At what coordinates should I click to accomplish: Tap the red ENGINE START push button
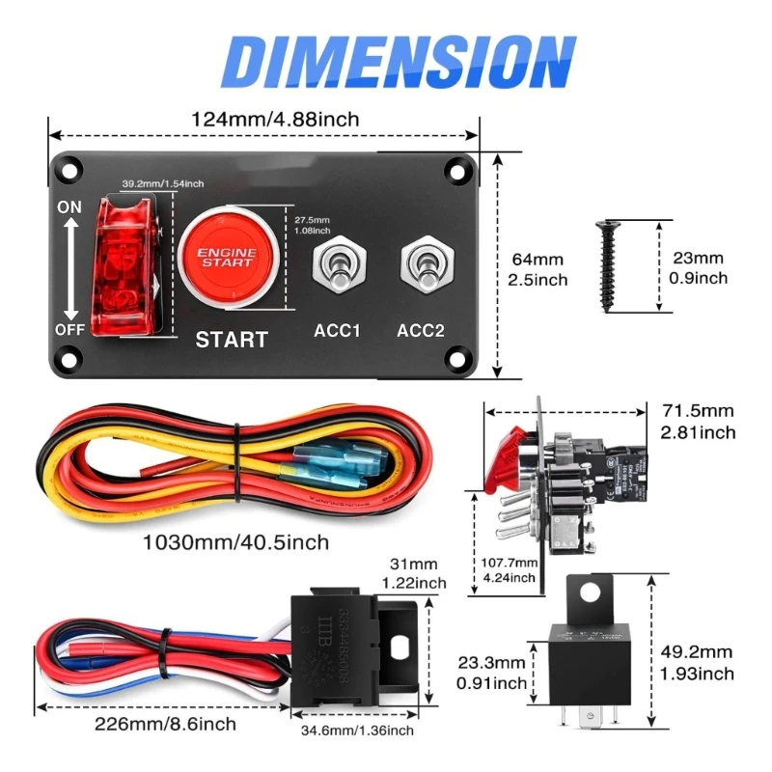point(228,255)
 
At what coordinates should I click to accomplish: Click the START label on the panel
point(232,339)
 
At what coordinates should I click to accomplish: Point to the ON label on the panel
point(70,207)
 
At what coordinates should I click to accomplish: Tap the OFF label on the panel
point(70,329)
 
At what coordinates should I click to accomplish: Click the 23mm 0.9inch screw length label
point(698,267)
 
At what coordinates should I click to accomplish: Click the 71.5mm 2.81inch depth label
point(699,422)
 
